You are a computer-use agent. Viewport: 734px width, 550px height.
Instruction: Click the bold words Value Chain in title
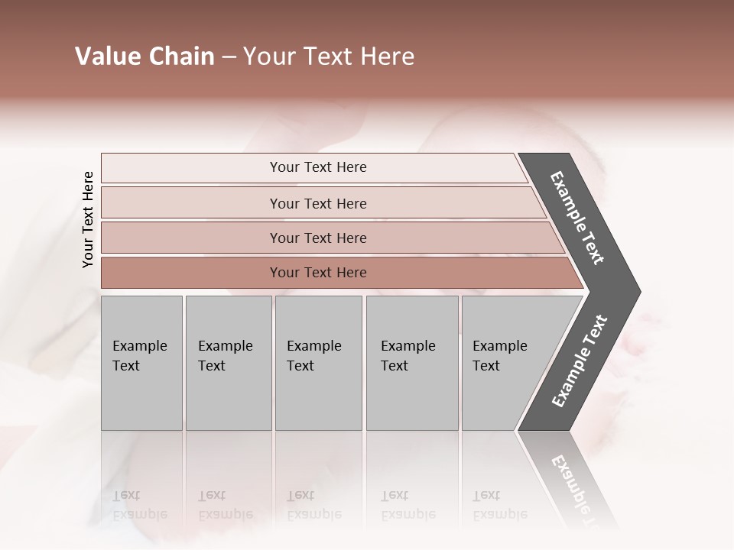coord(145,57)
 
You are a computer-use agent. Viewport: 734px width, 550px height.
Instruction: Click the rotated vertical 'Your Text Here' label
coord(88,220)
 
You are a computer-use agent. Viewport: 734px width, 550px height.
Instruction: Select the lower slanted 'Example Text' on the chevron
coord(580,361)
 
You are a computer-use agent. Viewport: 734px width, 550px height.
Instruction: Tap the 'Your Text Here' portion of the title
coord(329,57)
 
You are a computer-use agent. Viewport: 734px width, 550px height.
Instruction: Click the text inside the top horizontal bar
coord(318,167)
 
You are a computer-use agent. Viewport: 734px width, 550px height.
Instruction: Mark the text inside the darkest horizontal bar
coord(318,273)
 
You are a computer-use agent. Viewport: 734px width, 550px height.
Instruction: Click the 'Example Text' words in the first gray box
coord(139,356)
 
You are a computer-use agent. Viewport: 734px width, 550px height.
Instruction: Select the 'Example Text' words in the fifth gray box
coord(499,356)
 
